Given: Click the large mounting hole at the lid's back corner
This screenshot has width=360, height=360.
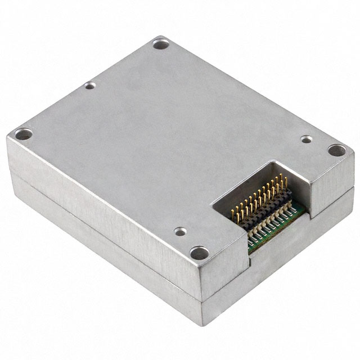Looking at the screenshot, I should pos(159,42).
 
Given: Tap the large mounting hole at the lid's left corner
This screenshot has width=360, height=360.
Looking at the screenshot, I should pos(24,134).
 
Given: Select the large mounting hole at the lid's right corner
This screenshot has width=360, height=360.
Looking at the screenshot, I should pos(336,150).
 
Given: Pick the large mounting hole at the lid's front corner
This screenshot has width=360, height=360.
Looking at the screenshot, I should pos(199,253).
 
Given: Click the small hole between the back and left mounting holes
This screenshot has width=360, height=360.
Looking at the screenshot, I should pos(89,86).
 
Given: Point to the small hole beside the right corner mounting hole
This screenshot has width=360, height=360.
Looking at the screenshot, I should pos(306,138).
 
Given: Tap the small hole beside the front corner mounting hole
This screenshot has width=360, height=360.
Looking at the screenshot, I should pos(180,231).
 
